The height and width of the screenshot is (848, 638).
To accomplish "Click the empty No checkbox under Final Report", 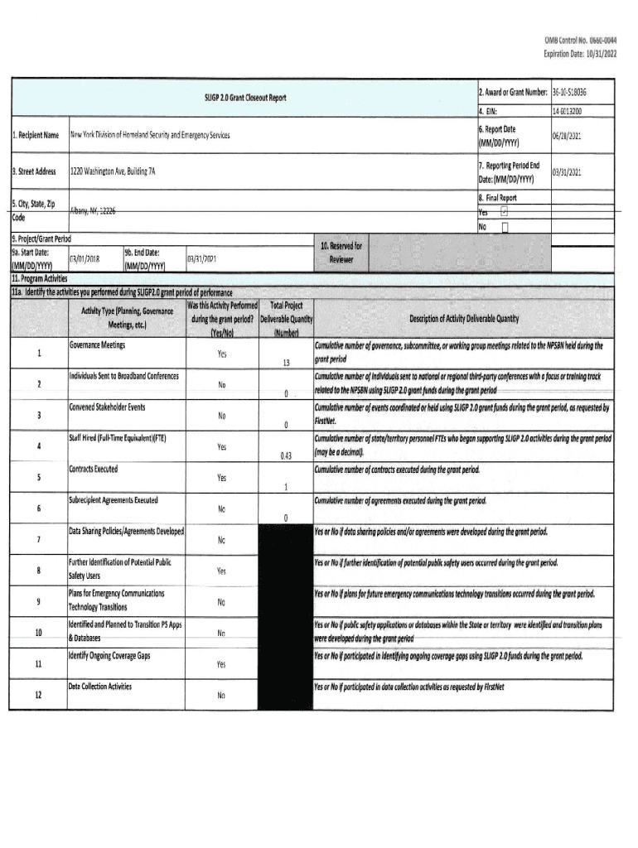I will [505, 227].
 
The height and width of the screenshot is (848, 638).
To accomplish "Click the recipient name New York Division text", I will [150, 134].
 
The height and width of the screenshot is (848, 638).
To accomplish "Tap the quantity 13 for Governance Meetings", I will [285, 363].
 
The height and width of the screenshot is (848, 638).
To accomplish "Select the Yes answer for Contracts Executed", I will [221, 478].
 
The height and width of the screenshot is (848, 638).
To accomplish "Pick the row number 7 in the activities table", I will [39, 540].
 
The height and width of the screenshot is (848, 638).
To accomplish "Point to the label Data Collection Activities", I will [100, 687].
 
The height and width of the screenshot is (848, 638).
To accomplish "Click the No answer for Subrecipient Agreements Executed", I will [221, 508].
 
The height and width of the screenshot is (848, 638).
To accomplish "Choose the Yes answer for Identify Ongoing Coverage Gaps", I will [221, 664].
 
